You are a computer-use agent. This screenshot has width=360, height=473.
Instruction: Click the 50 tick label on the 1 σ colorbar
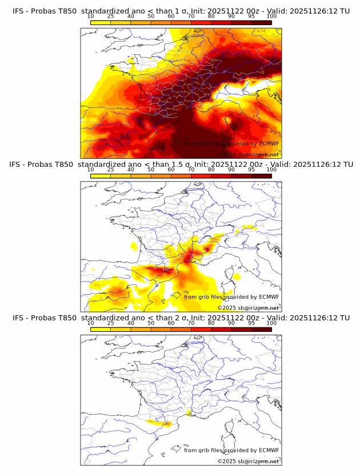point(151,16)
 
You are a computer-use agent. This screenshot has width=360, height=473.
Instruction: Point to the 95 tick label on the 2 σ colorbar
point(251,322)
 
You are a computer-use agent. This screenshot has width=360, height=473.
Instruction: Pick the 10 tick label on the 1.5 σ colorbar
point(91,169)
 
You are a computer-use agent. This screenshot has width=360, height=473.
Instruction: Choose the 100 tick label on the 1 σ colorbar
point(271,16)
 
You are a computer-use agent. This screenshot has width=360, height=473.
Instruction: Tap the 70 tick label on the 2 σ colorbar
point(191,322)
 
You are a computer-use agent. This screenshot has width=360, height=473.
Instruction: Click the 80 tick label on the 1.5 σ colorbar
point(211,169)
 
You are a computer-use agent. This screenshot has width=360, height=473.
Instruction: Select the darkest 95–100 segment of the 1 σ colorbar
point(261,22)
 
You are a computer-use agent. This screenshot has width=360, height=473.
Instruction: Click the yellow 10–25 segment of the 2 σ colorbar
point(101,328)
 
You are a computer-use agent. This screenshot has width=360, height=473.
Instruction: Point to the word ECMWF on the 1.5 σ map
point(269,296)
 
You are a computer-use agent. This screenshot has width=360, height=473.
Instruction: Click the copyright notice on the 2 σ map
point(248,460)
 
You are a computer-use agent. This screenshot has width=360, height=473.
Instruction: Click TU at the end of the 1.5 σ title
point(345,165)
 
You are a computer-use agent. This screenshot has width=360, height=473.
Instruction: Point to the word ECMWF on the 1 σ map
point(269,143)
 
